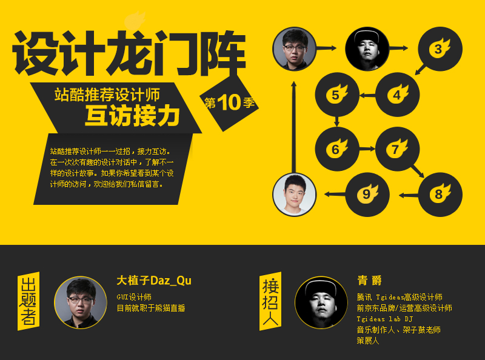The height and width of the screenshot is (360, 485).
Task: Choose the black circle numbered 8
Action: pyautogui.click(x=440, y=195)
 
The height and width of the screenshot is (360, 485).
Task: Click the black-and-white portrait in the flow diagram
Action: pyautogui.click(x=367, y=48)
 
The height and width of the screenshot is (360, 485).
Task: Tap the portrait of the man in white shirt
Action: pyautogui.click(x=295, y=194)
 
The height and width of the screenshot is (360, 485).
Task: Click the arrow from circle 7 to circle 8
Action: pyautogui.click(x=417, y=170)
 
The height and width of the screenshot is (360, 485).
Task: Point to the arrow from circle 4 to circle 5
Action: pyautogui.click(x=367, y=95)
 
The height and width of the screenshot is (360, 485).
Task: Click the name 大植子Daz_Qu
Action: pyautogui.click(x=154, y=281)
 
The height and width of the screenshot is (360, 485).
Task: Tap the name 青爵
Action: pyautogui.click(x=370, y=281)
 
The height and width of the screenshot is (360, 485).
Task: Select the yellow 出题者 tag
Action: pyautogui.click(x=28, y=301)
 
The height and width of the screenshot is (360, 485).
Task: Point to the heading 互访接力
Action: pyautogui.click(x=130, y=115)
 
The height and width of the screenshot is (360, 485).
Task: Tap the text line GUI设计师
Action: pyautogui.click(x=134, y=297)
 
